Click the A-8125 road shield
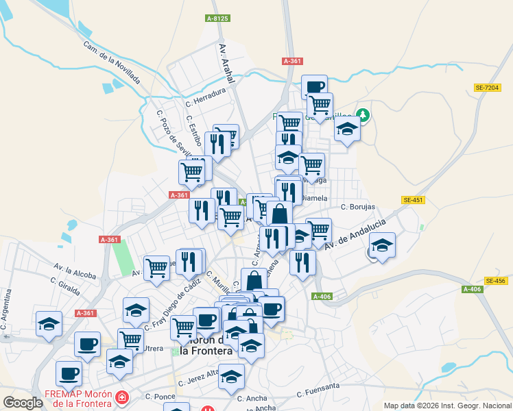217,18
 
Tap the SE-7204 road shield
487,88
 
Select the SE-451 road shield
414,200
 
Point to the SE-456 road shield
495,281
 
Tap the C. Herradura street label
205,99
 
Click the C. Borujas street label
358,206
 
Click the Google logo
23,403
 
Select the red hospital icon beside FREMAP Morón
122,398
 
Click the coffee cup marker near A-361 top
314,87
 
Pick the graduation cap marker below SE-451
383,245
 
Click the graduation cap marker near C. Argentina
49,323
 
